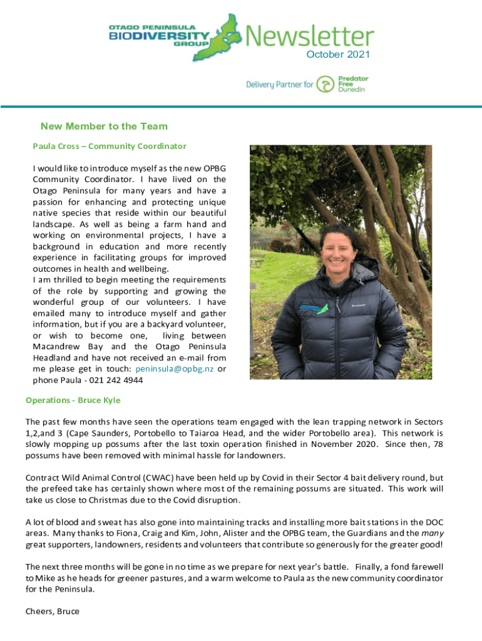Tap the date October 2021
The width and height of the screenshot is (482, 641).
[x=338, y=54]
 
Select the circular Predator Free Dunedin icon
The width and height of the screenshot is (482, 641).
[x=326, y=84]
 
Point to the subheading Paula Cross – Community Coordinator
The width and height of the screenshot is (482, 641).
[x=110, y=146]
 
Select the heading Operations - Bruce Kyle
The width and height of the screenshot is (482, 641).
[x=73, y=400]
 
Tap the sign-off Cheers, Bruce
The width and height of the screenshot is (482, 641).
[x=53, y=611]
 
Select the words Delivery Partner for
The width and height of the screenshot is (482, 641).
[x=279, y=85]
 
